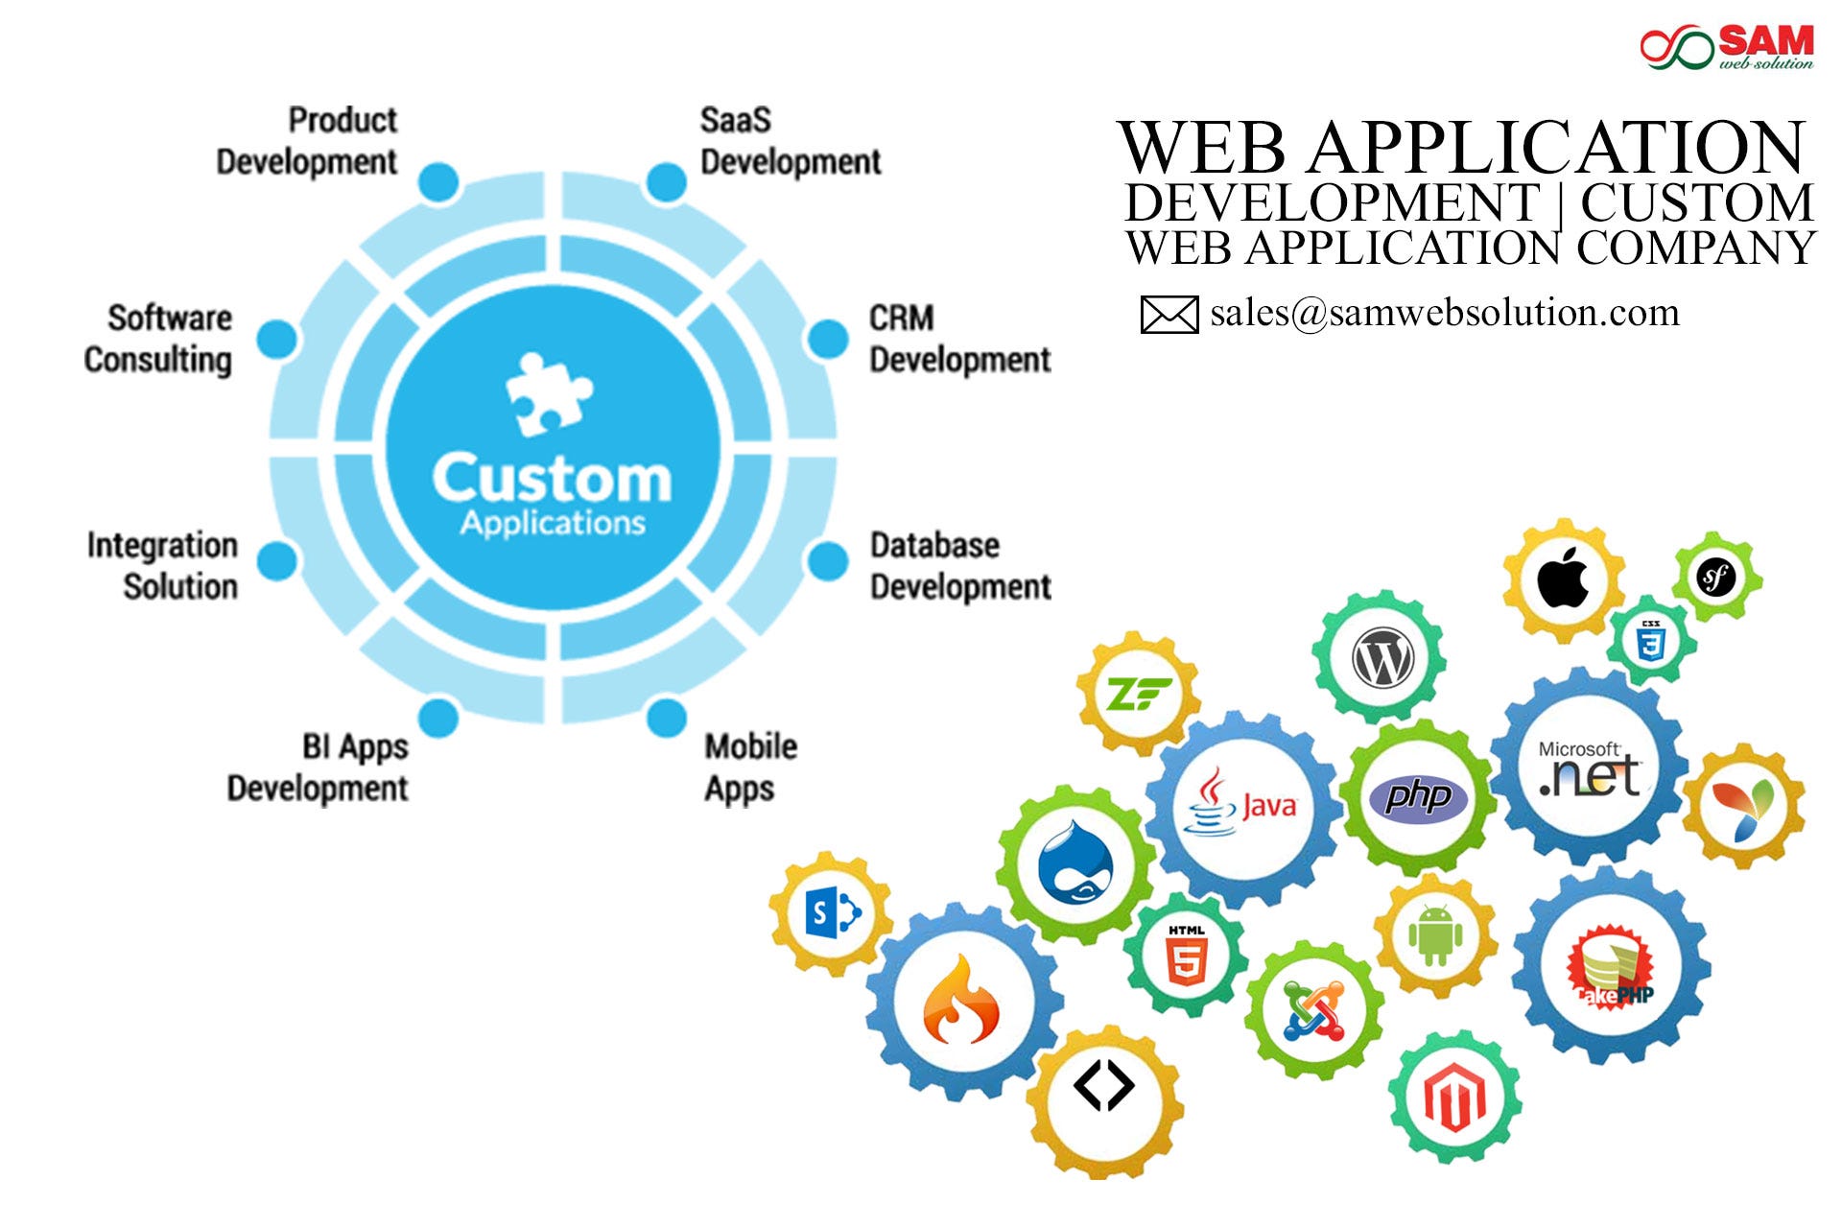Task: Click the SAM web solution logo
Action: click(x=1726, y=47)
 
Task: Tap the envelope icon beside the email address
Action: click(x=1169, y=315)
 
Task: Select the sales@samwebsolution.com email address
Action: click(x=1444, y=313)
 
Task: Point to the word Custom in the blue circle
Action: click(x=551, y=478)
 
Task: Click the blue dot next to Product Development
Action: click(x=439, y=182)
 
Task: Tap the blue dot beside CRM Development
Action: click(x=827, y=340)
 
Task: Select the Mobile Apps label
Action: click(x=750, y=767)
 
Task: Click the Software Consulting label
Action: click(x=158, y=339)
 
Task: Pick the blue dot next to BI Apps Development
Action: click(x=439, y=718)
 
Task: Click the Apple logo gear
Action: click(x=1563, y=580)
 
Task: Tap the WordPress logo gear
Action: click(x=1381, y=659)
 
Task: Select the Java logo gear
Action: click(x=1243, y=805)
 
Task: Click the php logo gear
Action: click(x=1418, y=796)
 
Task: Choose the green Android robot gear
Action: click(x=1435, y=935)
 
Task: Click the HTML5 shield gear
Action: click(x=1186, y=955)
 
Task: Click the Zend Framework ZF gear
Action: click(x=1138, y=694)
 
